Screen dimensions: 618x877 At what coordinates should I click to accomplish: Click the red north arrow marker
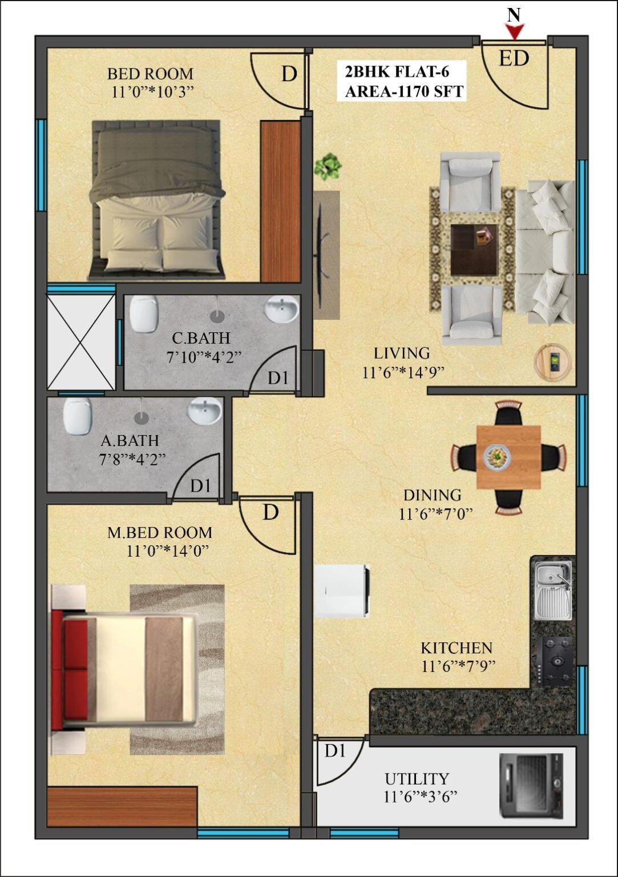tap(515, 32)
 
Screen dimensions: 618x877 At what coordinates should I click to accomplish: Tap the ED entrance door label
tap(514, 58)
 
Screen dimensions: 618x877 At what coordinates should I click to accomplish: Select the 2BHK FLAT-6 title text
tap(397, 72)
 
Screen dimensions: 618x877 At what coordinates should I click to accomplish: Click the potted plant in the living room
tap(328, 166)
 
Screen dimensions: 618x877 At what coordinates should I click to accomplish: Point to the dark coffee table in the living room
tap(474, 250)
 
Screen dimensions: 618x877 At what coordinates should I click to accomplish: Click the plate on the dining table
tap(497, 456)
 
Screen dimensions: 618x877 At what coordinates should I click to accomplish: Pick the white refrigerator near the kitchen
tap(342, 591)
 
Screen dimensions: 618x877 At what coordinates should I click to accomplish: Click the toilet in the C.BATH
tap(144, 313)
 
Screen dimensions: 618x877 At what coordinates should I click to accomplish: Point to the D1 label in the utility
tap(336, 751)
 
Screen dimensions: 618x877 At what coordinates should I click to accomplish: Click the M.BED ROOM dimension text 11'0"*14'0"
tap(167, 551)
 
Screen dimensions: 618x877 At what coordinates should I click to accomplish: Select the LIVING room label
tap(402, 353)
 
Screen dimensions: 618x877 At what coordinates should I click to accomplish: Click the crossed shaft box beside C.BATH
tap(80, 342)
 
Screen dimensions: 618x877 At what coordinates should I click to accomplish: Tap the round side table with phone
tap(553, 362)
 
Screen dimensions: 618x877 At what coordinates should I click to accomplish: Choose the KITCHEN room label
tap(457, 648)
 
